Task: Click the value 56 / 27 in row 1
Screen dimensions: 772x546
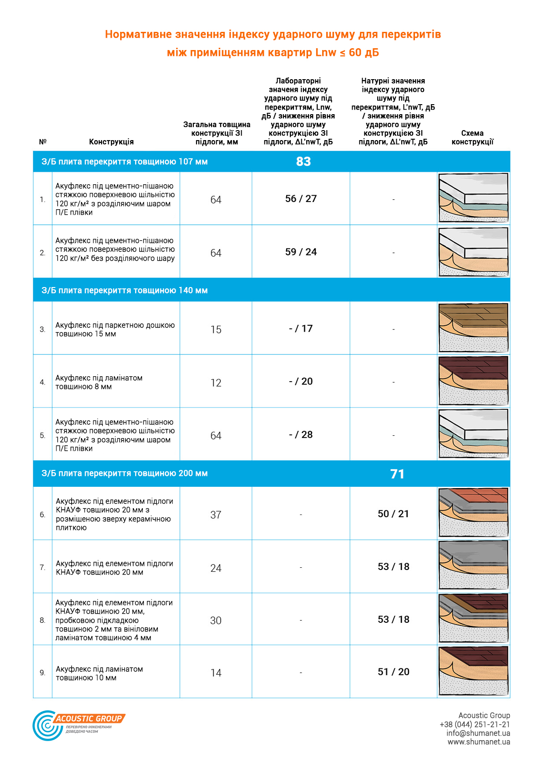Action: pos(301,199)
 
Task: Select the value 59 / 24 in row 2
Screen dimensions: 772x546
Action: pos(301,252)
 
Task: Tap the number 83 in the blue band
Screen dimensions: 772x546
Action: pos(303,161)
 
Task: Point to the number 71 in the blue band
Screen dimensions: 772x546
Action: pos(397,474)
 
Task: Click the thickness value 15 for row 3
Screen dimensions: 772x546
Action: pos(216,329)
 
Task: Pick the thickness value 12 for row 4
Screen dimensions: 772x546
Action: pos(216,383)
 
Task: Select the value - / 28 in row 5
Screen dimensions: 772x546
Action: pos(301,434)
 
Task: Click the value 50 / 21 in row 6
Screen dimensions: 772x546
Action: pos(393,514)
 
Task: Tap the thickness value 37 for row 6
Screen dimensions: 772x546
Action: pos(216,515)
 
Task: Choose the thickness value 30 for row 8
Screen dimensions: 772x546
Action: pos(216,621)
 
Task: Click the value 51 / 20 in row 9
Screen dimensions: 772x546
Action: pos(393,672)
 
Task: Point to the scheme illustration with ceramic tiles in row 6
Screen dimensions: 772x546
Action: pos(473,513)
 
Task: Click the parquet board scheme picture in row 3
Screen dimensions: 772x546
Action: pos(473,328)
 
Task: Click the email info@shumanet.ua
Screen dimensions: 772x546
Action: pos(478,733)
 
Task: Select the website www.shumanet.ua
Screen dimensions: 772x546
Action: pos(478,742)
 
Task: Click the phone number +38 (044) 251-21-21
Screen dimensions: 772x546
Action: pos(475,724)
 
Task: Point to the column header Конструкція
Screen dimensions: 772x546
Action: pos(111,142)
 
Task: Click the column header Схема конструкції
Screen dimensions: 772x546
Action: pos(472,137)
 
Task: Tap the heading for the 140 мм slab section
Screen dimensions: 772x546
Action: pos(125,290)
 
